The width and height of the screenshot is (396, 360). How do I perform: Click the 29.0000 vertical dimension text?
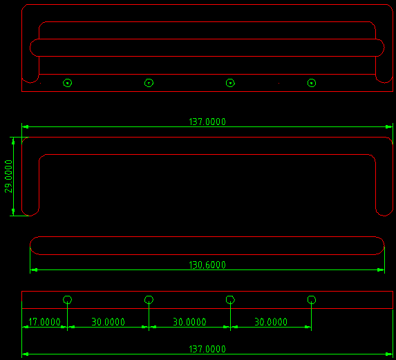[x=8, y=176]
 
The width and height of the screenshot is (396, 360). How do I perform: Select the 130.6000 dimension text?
[x=207, y=265]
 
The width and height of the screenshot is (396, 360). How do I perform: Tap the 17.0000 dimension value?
[x=44, y=322]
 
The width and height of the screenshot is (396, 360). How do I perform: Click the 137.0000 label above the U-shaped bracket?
[x=207, y=122]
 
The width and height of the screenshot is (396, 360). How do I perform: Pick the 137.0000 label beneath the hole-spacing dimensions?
[x=207, y=349]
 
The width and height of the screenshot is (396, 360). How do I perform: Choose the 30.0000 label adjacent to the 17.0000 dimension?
[x=108, y=322]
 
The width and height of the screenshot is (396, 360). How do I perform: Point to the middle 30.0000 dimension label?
[x=189, y=322]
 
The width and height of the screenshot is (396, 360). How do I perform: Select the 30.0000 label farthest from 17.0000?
[x=271, y=322]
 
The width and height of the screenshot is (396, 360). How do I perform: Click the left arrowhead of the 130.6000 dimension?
[x=34, y=270]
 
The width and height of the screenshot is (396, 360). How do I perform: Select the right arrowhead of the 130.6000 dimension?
[x=381, y=270]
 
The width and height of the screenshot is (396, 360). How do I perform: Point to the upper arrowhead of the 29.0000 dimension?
[x=13, y=141]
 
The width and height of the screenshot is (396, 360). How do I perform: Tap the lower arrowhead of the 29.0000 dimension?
[x=13, y=212]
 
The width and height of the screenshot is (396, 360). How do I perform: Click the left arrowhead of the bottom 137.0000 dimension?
[x=26, y=354]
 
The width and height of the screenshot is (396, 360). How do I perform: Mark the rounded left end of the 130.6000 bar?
[x=30, y=245]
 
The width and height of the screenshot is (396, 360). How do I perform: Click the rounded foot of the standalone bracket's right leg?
[x=384, y=216]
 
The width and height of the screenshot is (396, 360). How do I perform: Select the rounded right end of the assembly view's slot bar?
[x=384, y=48]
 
